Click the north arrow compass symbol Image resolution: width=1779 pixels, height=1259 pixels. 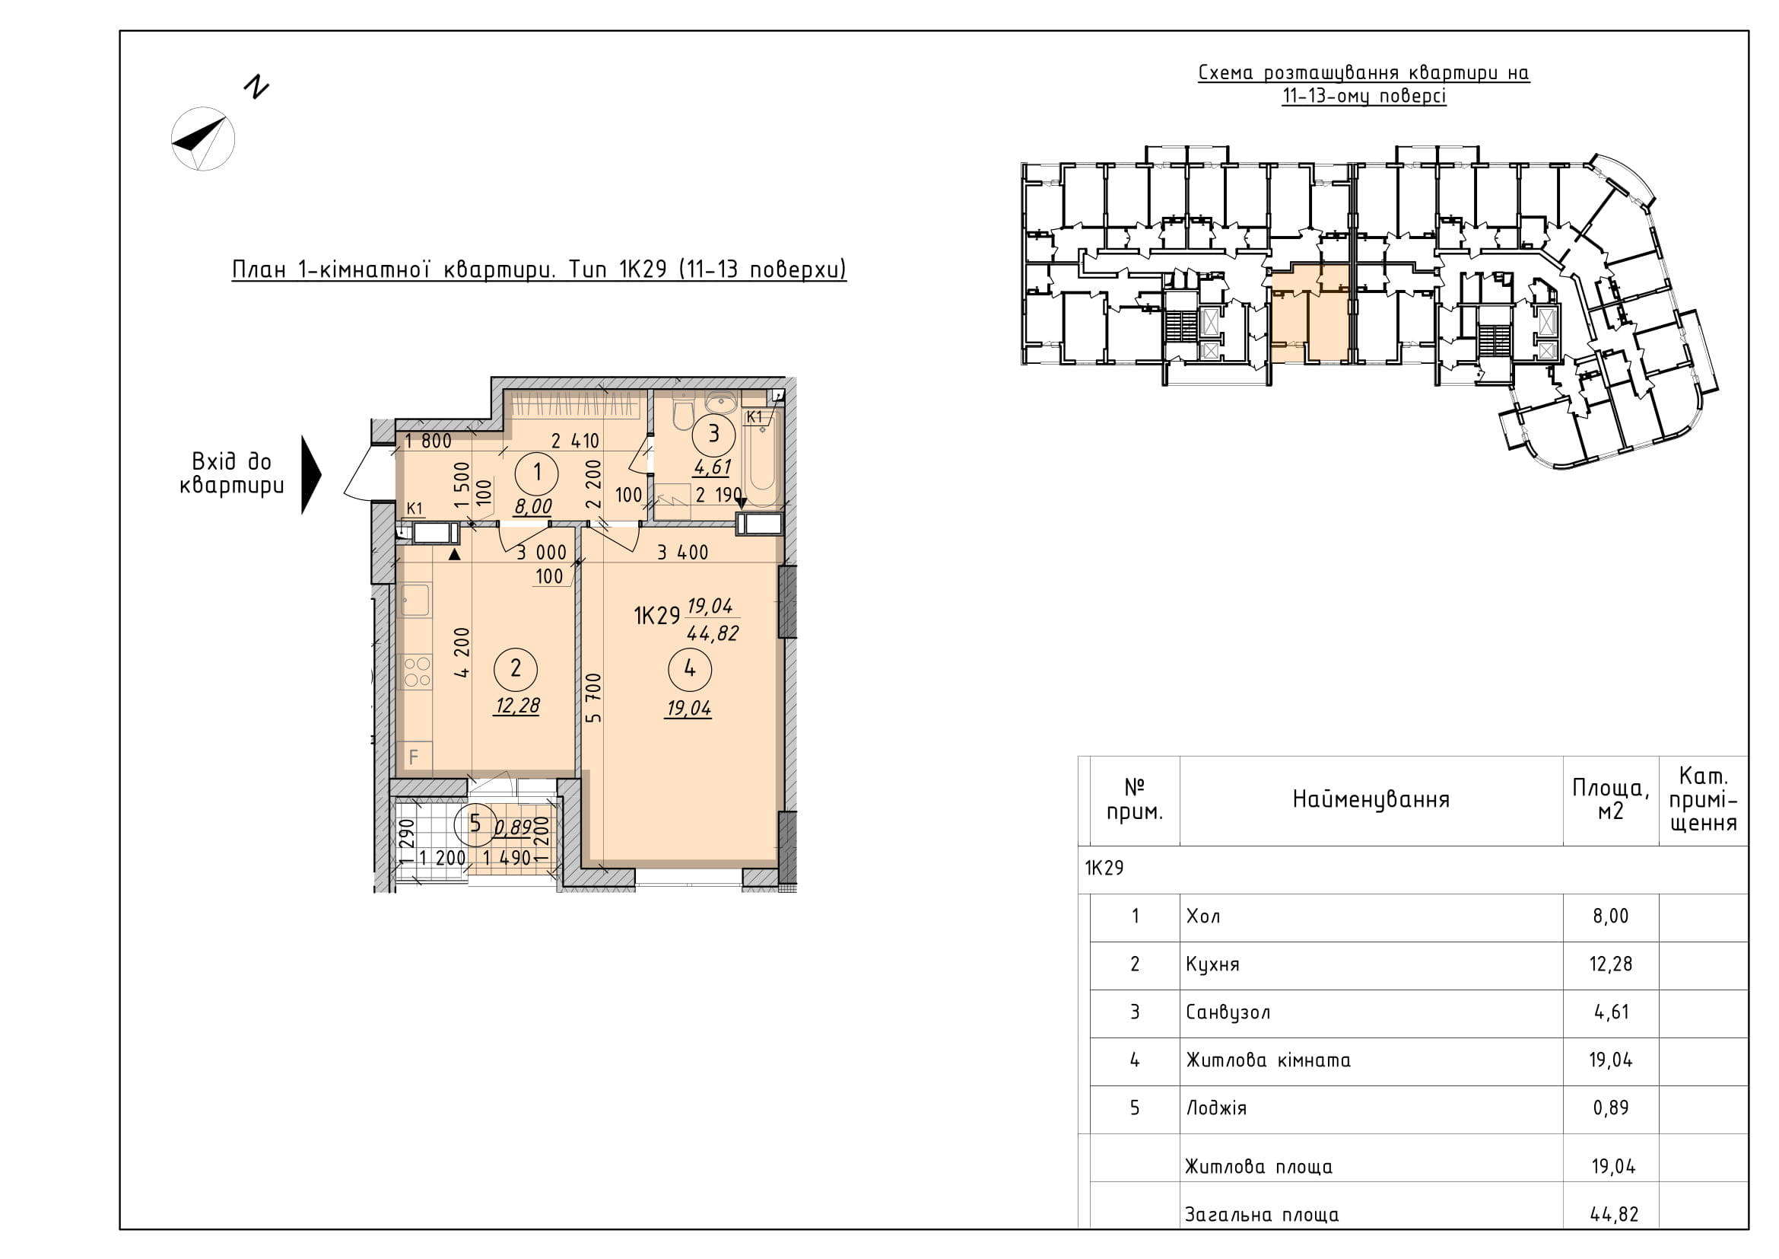click(x=203, y=139)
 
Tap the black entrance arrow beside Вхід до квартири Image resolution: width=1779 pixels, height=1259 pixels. click(x=311, y=474)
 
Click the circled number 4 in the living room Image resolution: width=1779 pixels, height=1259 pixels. click(x=690, y=668)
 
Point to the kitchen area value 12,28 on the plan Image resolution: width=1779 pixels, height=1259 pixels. click(x=518, y=706)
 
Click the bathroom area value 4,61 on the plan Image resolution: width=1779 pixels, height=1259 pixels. click(x=712, y=467)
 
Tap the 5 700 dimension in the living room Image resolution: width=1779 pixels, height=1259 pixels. click(x=593, y=698)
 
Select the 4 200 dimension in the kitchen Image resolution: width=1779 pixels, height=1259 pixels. click(x=462, y=653)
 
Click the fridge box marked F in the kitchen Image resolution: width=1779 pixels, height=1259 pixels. click(x=415, y=756)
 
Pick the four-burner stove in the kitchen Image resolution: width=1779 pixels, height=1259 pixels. click(x=415, y=672)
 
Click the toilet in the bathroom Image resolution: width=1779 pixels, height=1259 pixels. click(x=682, y=412)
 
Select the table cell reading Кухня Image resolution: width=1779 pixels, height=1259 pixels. click(x=1212, y=964)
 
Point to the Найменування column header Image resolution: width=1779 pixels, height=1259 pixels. click(x=1371, y=800)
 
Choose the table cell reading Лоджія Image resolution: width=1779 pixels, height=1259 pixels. click(x=1216, y=1108)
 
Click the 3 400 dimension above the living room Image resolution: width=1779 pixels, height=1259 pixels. click(x=682, y=553)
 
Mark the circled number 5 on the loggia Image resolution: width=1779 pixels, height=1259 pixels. click(x=474, y=824)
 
